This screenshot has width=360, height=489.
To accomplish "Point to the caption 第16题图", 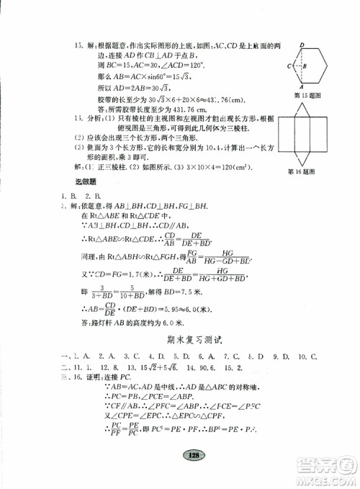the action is [x=302, y=171].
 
